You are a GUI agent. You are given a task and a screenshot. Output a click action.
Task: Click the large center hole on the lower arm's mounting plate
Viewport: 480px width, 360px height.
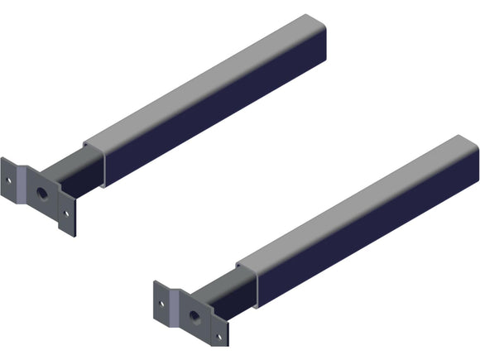(193, 315)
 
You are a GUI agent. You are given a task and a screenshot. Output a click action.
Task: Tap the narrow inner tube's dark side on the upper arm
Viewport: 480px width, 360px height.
(79, 178)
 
